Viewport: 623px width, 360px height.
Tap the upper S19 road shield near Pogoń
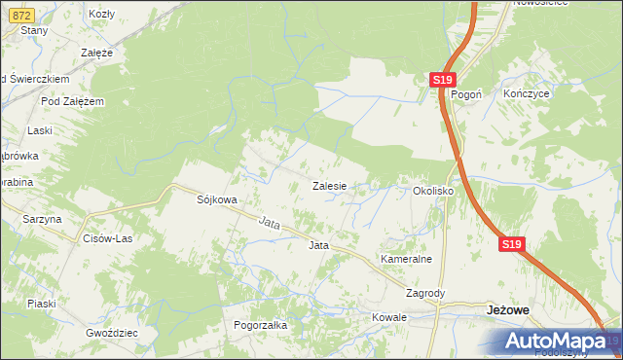coord(443,80)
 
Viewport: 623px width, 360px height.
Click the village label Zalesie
coord(330,185)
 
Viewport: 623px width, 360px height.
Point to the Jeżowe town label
coord(507,309)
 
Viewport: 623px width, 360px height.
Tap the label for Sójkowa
coord(217,199)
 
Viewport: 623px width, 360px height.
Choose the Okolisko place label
coord(434,192)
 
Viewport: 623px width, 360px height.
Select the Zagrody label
coord(425,293)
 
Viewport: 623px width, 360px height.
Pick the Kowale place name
coord(388,317)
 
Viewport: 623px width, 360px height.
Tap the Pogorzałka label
coord(260,326)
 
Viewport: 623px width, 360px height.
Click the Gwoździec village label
coord(111,332)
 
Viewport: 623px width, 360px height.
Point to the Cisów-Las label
coord(107,238)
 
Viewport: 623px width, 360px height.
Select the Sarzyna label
coord(42,220)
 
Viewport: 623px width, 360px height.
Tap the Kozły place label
coord(101,14)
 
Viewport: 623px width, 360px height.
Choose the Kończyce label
coord(529,94)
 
